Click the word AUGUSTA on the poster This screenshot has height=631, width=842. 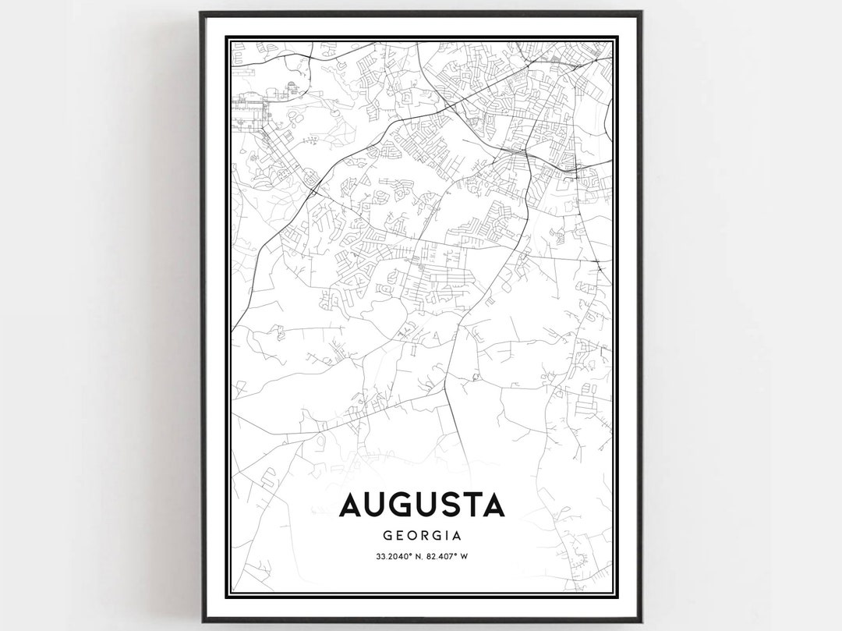[x=422, y=505]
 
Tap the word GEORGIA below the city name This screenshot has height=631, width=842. [x=422, y=536]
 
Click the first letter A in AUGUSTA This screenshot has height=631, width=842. [x=351, y=505]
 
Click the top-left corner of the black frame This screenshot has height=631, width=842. [x=201, y=12]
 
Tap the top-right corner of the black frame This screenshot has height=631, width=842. [x=641, y=12]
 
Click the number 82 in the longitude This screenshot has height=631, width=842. [x=433, y=556]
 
